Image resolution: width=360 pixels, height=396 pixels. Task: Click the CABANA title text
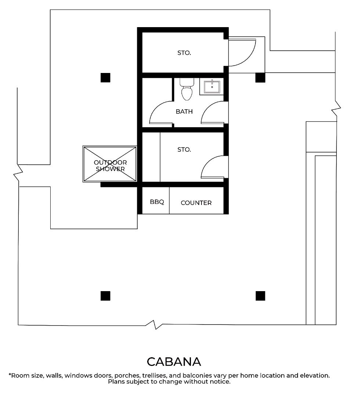pos(174,362)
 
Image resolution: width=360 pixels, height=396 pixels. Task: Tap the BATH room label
pos(184,111)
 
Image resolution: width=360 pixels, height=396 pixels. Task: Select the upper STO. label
pos(184,53)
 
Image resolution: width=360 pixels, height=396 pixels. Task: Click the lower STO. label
pos(184,150)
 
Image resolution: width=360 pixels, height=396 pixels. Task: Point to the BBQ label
pos(157,202)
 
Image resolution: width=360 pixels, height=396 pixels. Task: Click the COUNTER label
pos(196,203)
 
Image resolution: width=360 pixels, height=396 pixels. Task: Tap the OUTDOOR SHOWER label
pos(110,166)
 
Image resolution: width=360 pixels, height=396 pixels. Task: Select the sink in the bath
pos(212,87)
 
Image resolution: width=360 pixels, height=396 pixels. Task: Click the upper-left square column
pos(105,77)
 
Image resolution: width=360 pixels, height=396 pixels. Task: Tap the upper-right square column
pos(260,77)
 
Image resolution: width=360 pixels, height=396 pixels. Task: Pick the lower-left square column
pos(105,296)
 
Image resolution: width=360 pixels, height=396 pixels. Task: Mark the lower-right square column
pos(261,296)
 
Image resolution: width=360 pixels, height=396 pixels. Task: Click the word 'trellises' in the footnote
pos(153,375)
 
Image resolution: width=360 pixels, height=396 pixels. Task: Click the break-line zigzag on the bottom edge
pos(154,325)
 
